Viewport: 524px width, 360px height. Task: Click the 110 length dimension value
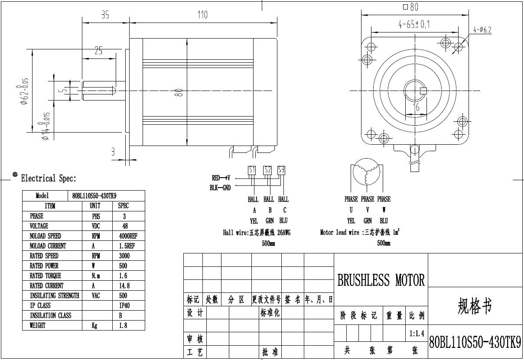202,15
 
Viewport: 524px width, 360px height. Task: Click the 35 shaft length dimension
105,15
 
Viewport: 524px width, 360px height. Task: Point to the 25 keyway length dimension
98,51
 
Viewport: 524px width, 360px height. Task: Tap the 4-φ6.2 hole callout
482,30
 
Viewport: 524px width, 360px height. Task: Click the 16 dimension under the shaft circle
416,107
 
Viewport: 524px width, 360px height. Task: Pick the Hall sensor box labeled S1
252,170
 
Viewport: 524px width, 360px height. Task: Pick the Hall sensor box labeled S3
281,170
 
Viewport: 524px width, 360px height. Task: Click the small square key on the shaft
424,91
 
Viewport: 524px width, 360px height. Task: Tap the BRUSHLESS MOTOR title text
381,280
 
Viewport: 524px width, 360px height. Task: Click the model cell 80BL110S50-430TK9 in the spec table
94,196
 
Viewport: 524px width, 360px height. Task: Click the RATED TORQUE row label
46,276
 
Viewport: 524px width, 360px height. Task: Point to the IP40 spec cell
124,306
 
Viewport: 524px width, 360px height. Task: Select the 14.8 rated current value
124,286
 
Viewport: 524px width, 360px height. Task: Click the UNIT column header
94,206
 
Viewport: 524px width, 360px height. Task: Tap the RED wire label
216,178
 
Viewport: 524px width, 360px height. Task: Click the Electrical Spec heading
49,178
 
